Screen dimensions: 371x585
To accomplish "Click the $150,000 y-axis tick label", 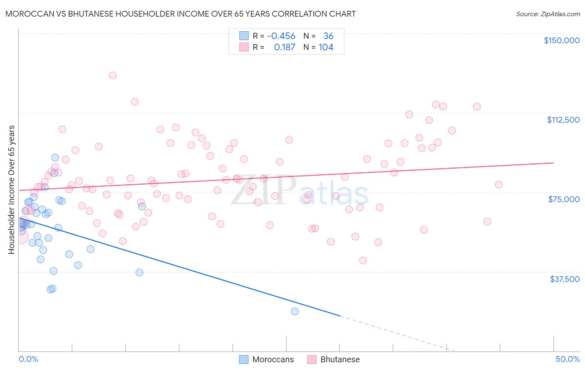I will (x=561, y=40).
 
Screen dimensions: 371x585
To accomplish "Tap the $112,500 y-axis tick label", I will (x=563, y=120).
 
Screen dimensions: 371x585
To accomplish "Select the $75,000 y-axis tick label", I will (x=564, y=199).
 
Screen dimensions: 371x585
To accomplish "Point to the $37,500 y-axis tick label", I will (x=565, y=279).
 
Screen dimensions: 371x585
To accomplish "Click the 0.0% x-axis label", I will (x=28, y=359).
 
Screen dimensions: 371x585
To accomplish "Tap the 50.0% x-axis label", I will (x=568, y=359).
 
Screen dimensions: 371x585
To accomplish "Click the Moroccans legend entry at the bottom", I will (x=273, y=359).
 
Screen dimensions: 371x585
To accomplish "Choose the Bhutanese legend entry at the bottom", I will (x=340, y=359).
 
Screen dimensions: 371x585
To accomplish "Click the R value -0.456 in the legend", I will (x=281, y=36).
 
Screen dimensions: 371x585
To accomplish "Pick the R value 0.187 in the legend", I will (x=285, y=47).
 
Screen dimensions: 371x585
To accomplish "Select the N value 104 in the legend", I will (x=326, y=47).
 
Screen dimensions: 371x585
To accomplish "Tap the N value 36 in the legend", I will (x=328, y=36).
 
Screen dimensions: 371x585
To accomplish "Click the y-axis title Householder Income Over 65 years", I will (x=12, y=190).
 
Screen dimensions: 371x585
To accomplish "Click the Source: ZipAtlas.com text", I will (x=548, y=14).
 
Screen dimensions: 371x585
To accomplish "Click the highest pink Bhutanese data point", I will (x=113, y=75).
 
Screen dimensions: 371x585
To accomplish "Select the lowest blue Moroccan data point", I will (x=295, y=312).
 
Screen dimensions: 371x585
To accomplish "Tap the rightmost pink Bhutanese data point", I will (x=498, y=185).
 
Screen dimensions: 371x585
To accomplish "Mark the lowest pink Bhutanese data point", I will (x=363, y=260).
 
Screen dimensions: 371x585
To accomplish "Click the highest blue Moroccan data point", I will (x=55, y=158).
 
